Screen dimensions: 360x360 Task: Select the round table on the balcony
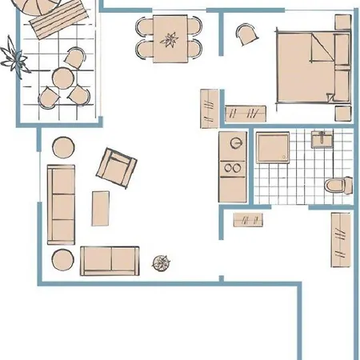pyautogui.click(x=62, y=78)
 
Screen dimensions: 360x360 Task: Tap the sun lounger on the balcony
pyautogui.click(x=56, y=20)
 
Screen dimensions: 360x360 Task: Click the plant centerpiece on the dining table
pyautogui.click(x=170, y=38)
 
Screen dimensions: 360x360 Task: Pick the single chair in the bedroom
pyautogui.click(x=246, y=33)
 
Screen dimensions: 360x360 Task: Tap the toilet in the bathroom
pyautogui.click(x=337, y=186)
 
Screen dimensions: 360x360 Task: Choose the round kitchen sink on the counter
pyautogui.click(x=234, y=143)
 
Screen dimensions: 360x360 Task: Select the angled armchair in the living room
pyautogui.click(x=117, y=167)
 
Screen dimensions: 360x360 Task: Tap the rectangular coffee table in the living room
pyautogui.click(x=102, y=209)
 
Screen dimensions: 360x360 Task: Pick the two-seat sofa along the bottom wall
pyautogui.click(x=110, y=260)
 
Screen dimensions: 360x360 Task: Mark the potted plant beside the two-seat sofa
pyautogui.click(x=162, y=261)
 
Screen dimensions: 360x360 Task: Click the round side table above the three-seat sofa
pyautogui.click(x=62, y=148)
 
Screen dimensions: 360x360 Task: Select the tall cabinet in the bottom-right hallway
pyautogui.click(x=340, y=238)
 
